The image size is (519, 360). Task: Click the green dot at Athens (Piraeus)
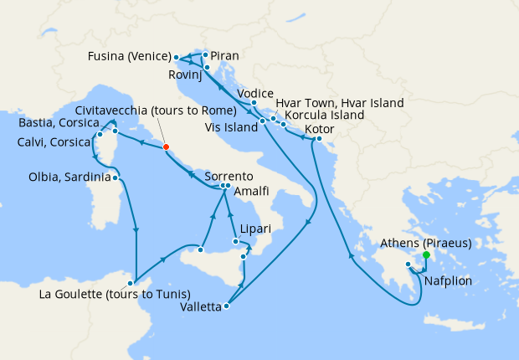[426, 255]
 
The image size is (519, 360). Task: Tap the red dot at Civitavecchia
[166, 147]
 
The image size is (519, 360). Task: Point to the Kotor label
[321, 130]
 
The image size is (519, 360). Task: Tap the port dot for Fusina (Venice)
[176, 58]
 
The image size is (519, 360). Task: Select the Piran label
[224, 56]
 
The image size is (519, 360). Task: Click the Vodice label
[256, 93]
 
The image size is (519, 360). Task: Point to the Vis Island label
[231, 127]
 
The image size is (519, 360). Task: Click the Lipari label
[254, 228]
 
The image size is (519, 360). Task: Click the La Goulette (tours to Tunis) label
[115, 294]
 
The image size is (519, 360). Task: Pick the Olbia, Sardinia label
[69, 177]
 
